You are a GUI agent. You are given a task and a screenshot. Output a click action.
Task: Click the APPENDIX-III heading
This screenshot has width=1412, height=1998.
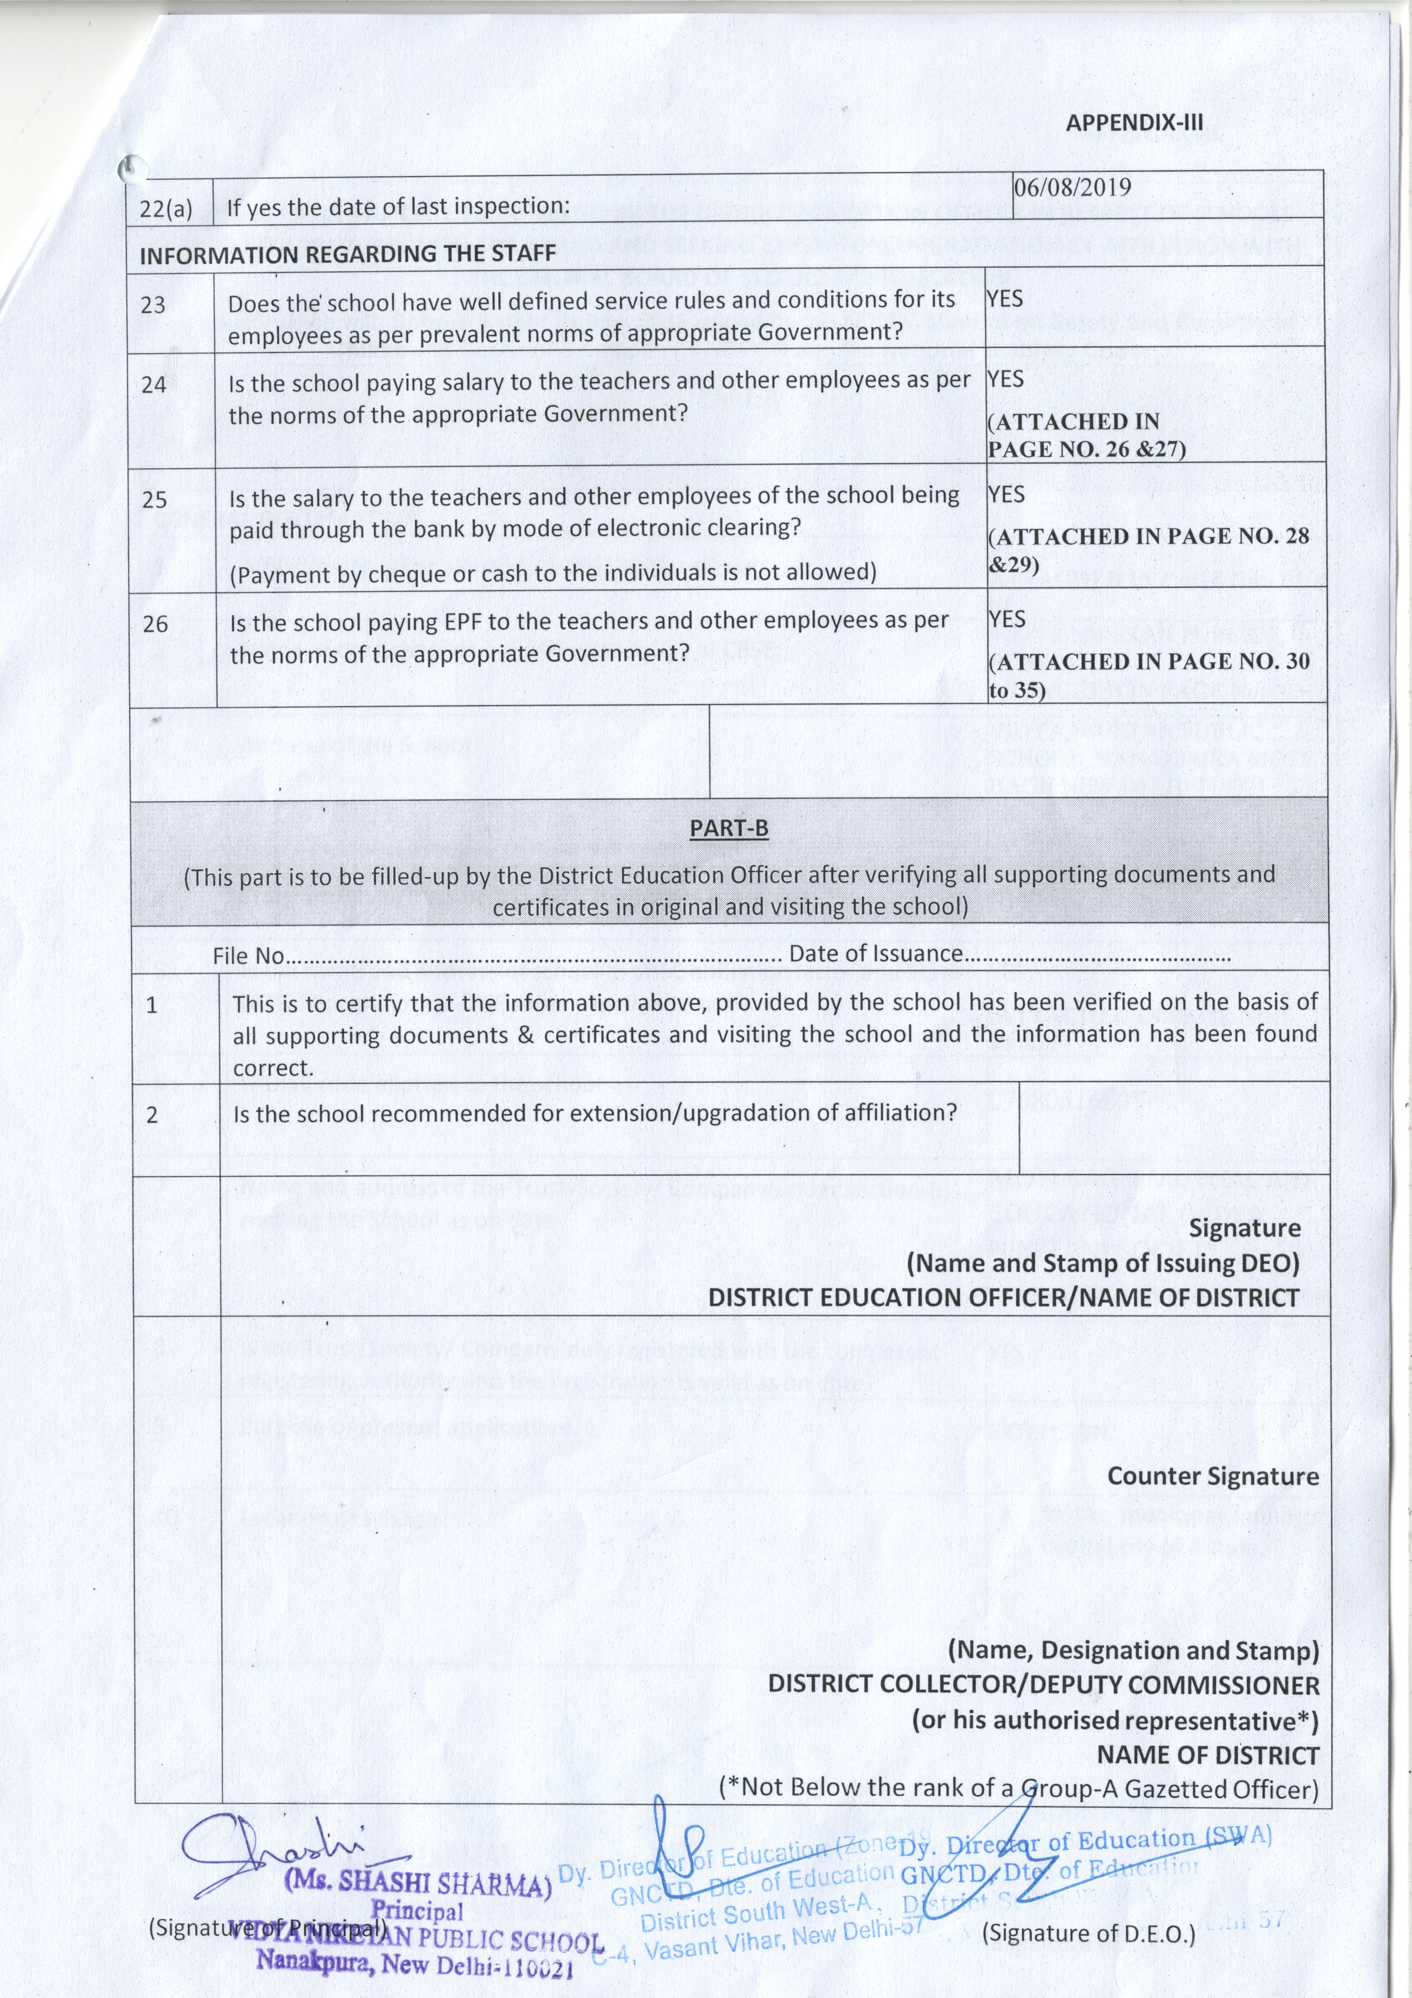point(1135,122)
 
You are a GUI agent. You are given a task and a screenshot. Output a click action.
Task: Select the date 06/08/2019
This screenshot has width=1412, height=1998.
point(1073,187)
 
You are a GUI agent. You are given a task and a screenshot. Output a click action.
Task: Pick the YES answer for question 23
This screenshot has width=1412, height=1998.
point(1005,298)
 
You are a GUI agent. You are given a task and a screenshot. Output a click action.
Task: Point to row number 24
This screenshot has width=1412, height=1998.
point(154,384)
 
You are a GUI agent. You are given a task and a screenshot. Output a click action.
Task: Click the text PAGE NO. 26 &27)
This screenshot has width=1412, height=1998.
point(1087,449)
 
